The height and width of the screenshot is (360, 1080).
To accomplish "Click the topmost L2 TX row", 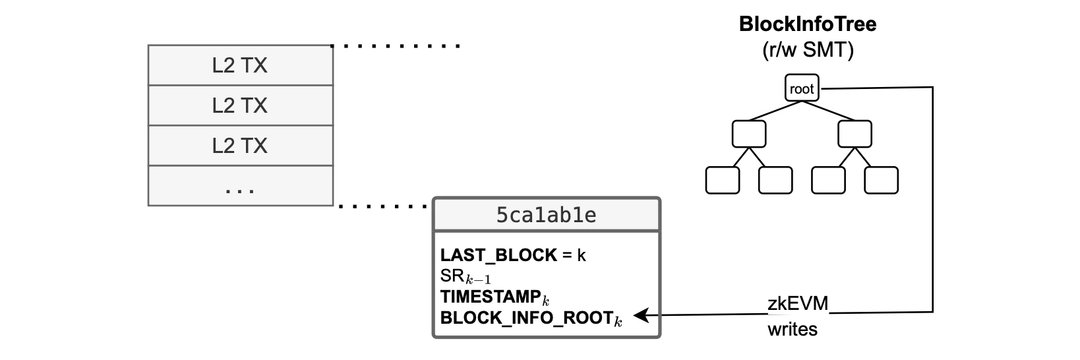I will pyautogui.click(x=240, y=65).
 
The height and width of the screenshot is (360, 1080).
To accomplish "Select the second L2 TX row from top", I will pyautogui.click(x=240, y=105).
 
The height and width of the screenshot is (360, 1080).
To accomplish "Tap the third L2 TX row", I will pyautogui.click(x=240, y=145).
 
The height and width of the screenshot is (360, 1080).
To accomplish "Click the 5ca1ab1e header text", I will pyautogui.click(x=546, y=215).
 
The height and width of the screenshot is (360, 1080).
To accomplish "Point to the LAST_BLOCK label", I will pyautogui.click(x=498, y=255).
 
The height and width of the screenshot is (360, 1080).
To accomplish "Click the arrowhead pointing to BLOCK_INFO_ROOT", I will pyautogui.click(x=638, y=316).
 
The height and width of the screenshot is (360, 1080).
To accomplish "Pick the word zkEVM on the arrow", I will pyautogui.click(x=798, y=304).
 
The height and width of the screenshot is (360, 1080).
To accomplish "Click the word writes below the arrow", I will pyautogui.click(x=792, y=329).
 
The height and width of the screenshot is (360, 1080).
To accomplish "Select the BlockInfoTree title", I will pyautogui.click(x=808, y=25).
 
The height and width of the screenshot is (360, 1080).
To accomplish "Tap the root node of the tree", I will pyautogui.click(x=802, y=88).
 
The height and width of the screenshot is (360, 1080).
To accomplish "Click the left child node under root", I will pyautogui.click(x=749, y=134).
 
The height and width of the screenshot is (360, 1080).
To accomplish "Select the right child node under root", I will pyautogui.click(x=855, y=134).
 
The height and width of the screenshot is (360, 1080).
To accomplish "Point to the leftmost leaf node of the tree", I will pyautogui.click(x=723, y=180).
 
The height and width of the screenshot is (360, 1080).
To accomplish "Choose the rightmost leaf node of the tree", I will pyautogui.click(x=881, y=180).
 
